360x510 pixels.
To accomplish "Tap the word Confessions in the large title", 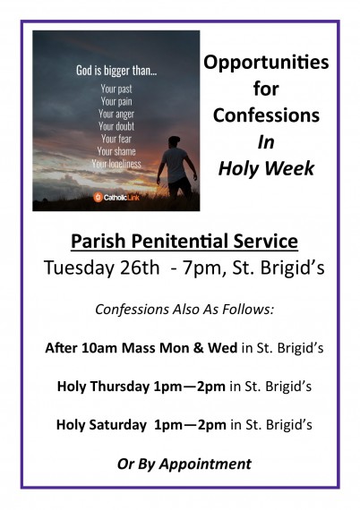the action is coord(266,115).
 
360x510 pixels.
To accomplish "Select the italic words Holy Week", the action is coord(266,169).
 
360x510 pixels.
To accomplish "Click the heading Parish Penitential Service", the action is coord(184,242).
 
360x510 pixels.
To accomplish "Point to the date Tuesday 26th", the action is coord(101,268).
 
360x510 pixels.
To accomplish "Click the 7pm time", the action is coord(202,268).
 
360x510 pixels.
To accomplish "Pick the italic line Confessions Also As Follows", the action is coord(184,310).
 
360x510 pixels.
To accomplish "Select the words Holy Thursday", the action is coord(103,387).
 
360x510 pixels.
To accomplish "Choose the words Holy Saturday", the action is coord(101,425).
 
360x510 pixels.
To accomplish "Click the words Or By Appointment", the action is coord(184,463).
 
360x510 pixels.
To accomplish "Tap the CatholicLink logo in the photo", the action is coord(116,197).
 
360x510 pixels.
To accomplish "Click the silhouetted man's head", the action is coord(175,141).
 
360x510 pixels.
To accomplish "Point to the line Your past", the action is coord(116,89).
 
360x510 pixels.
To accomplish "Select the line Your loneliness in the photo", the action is coord(116,164).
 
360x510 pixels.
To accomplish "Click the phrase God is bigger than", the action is coord(116,71).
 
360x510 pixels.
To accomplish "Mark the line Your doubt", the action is coord(116,126).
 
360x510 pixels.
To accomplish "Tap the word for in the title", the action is coord(266,89).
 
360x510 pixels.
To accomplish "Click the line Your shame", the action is coord(116,151).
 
